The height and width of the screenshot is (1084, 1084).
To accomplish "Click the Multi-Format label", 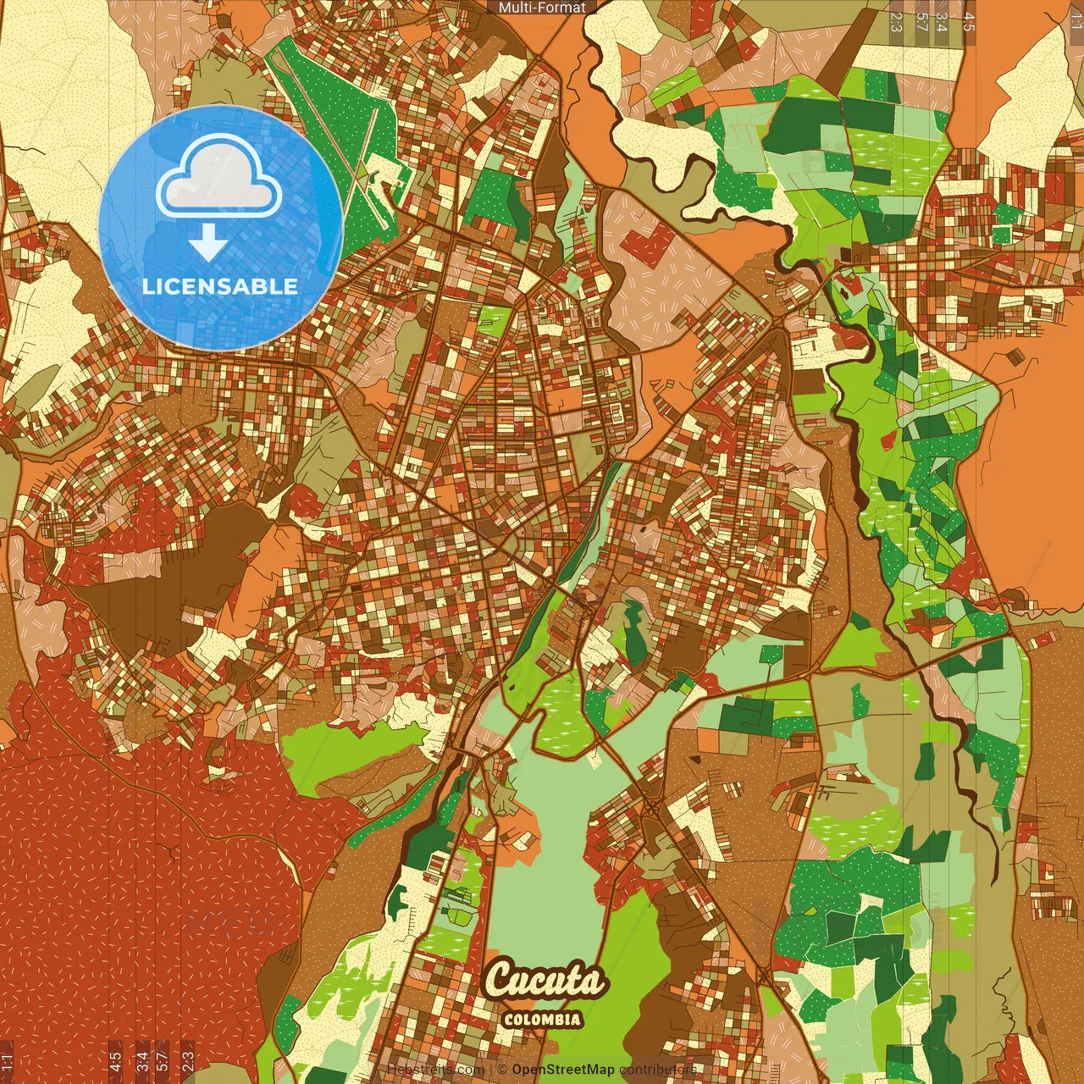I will pyautogui.click(x=542, y=8).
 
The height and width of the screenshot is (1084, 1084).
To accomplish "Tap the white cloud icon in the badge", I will pyautogui.click(x=219, y=179).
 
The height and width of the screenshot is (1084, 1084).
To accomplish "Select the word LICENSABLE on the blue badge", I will pyautogui.click(x=220, y=286).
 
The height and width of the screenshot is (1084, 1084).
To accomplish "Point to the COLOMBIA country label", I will pyautogui.click(x=542, y=1019).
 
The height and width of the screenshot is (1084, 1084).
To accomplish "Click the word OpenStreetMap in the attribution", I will pyautogui.click(x=562, y=1070).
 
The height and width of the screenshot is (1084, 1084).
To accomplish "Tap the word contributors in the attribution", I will pyautogui.click(x=658, y=1070).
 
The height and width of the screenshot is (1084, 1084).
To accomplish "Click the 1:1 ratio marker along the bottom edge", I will pyautogui.click(x=8, y=1062).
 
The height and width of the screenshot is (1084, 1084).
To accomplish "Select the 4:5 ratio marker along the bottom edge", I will pyautogui.click(x=115, y=1062).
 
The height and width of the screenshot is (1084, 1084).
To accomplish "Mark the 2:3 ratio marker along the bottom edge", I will pyautogui.click(x=188, y=1062).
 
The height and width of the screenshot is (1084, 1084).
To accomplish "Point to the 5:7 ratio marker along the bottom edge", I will pyautogui.click(x=163, y=1062).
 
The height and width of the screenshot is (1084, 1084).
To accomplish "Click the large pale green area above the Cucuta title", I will pyautogui.click(x=542, y=855).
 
